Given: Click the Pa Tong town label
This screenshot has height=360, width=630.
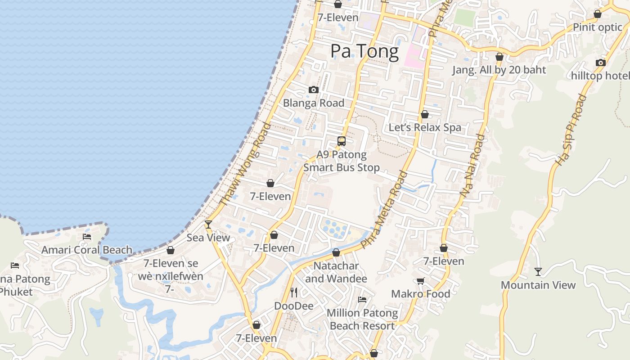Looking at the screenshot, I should pos(364,51).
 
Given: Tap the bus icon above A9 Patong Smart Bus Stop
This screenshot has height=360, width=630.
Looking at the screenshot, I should pos(342,141).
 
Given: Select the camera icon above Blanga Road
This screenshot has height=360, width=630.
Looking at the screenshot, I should pos(314,90).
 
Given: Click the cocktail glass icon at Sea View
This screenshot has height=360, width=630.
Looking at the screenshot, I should pos(208,224).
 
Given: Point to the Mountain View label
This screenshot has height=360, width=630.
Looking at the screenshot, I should pos(538,285).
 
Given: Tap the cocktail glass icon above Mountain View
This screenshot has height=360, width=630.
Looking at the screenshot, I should pos(538,271).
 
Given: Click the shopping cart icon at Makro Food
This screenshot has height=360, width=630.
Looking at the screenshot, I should pos(420,281).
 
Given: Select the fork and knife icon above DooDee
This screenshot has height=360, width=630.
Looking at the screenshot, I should pos(294,292).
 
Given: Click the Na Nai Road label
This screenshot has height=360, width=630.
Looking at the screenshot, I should pos(472,166).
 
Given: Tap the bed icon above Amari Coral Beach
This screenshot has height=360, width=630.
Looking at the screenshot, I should pos(87,236).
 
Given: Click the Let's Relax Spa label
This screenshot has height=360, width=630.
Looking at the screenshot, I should pos(425,127).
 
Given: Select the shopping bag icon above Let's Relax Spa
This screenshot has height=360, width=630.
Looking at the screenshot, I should pos(424,114).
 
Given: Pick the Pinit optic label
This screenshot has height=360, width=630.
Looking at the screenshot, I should pos(597,27).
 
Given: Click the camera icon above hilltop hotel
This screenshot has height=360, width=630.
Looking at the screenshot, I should pos(600,63).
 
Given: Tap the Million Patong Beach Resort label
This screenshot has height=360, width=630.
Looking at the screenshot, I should pos(362,319).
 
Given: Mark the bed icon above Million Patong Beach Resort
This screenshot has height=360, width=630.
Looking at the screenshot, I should pos(362,299).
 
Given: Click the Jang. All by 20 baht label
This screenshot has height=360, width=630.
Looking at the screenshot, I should pos(499,70).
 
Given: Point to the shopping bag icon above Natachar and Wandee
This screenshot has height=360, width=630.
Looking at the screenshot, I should pos(336,252).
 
